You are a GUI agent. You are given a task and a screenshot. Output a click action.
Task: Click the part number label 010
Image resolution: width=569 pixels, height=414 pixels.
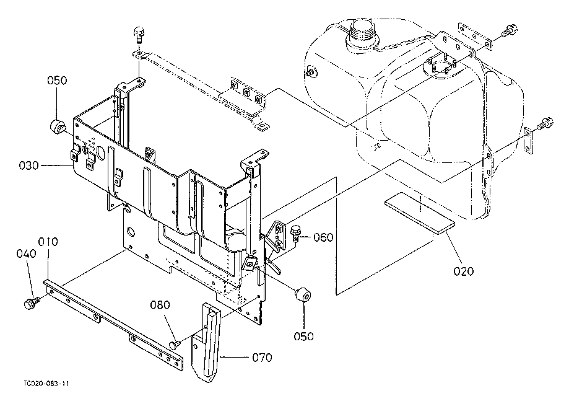(x=48, y=242)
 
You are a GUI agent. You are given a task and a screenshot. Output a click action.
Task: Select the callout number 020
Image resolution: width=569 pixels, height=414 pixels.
(x=463, y=271)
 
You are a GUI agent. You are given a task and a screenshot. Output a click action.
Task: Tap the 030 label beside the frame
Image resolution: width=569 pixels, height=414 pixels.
(x=28, y=165)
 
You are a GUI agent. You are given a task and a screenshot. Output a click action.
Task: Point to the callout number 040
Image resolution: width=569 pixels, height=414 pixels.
(x=26, y=253)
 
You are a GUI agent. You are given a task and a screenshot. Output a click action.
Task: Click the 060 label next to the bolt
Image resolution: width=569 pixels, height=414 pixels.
(x=323, y=237)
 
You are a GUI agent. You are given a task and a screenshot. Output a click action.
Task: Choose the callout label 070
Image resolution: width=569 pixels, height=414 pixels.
(x=262, y=358)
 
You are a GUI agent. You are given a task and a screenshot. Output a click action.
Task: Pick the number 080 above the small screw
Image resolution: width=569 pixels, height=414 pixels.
(x=160, y=305)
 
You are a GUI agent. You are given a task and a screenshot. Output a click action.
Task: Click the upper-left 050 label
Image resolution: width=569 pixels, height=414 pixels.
(x=57, y=80)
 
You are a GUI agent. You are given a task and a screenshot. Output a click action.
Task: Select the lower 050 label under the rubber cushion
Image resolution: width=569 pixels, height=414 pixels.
(x=304, y=337)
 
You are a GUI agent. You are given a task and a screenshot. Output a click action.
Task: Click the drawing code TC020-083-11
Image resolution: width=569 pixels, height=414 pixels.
(x=46, y=384)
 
